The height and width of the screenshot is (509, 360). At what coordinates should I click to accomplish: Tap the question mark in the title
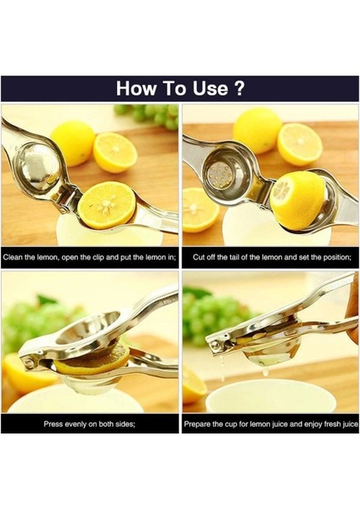239,88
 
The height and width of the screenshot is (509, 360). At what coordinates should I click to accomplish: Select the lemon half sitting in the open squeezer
106,206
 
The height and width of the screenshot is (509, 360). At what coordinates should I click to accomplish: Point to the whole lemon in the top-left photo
72,142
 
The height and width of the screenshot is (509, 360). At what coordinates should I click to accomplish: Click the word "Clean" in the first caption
16,255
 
